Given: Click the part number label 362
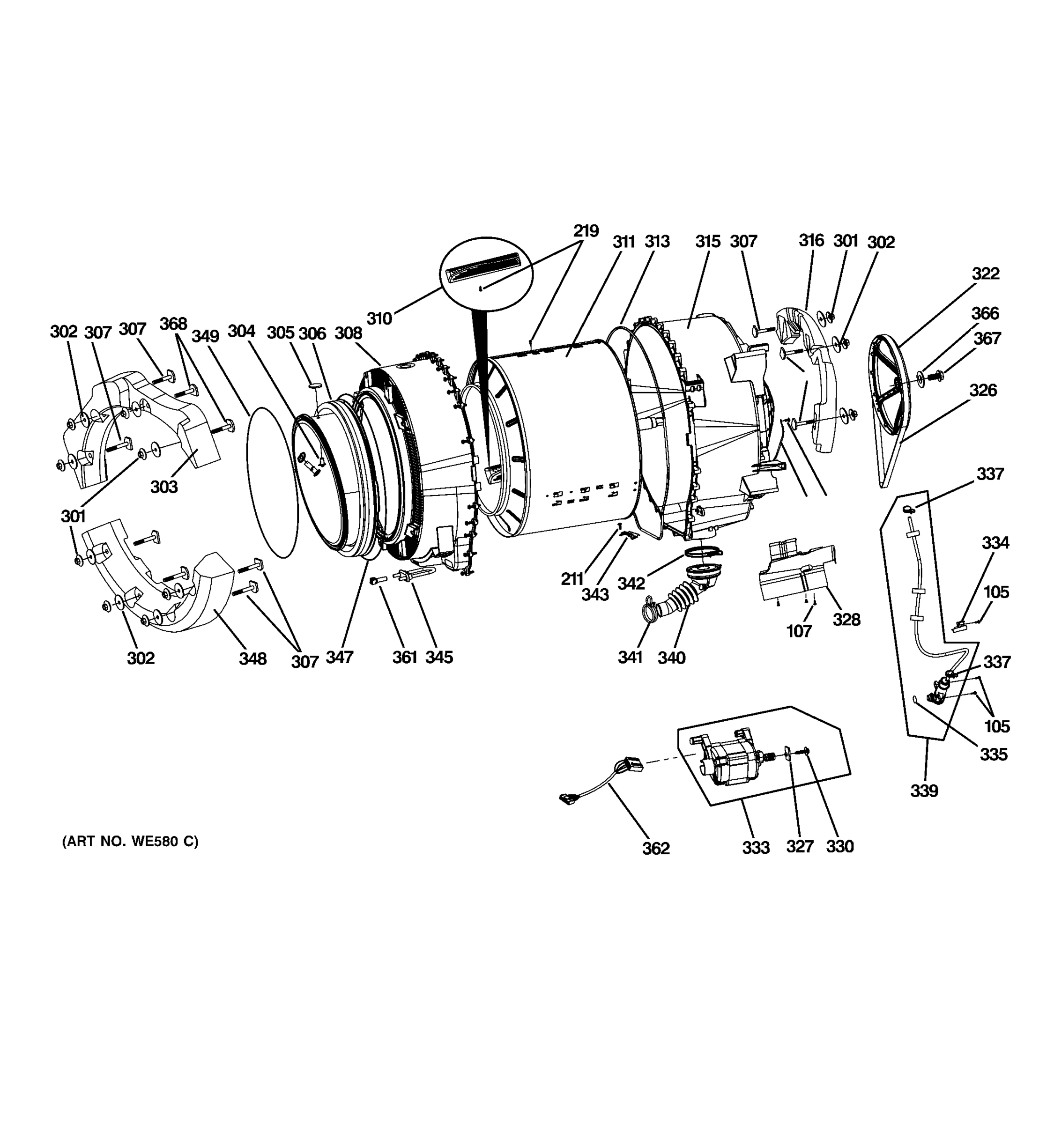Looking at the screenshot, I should pos(655,848).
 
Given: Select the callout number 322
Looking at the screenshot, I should pos(986,274).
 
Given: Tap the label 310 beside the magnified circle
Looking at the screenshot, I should pos(379,319).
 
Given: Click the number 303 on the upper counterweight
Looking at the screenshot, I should pos(164,486).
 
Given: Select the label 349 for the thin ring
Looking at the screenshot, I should pos(205,336).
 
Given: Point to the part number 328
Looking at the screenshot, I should pos(846,620).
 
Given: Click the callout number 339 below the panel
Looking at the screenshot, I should pos(924,791).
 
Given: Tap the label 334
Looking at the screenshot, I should pos(995,543).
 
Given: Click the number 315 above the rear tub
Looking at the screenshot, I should pos(708,242).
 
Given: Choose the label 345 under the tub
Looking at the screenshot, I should pos(439,657).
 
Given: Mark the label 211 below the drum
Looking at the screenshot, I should pos(572,578).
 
